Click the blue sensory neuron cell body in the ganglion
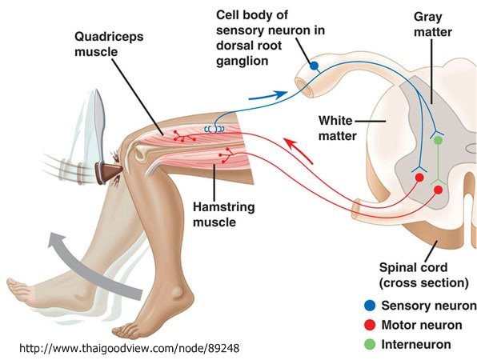click(315, 66)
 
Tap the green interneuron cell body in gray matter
click(438, 140)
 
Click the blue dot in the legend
click(370, 306)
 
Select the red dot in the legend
click(370, 325)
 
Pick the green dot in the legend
click(370, 344)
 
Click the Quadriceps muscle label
click(109, 44)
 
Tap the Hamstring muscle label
click(223, 214)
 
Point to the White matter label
click(337, 128)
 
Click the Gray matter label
click(433, 24)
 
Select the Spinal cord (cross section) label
click(423, 275)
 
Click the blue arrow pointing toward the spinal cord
click(267, 95)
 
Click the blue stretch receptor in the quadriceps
click(214, 130)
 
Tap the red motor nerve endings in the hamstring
click(226, 155)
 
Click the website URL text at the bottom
click(130, 348)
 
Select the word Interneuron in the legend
click(416, 345)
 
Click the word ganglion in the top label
click(243, 61)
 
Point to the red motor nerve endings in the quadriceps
click(184, 137)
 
